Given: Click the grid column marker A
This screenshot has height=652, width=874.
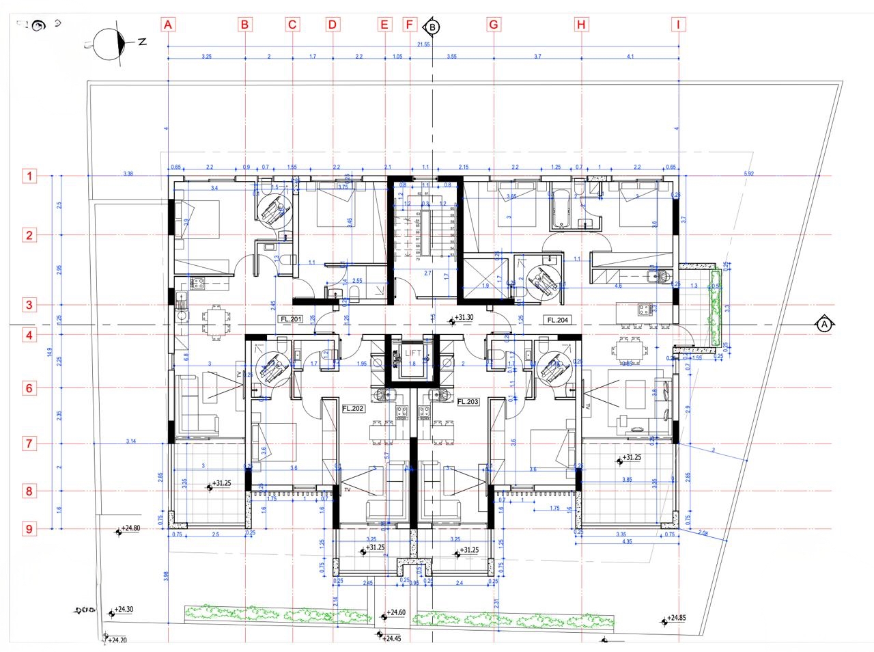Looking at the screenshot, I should pyautogui.click(x=168, y=25).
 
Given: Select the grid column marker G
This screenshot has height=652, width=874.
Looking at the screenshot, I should pyautogui.click(x=493, y=25).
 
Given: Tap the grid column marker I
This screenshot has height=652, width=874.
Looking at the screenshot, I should pyautogui.click(x=678, y=25).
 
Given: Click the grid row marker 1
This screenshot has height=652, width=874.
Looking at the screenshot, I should pyautogui.click(x=29, y=176).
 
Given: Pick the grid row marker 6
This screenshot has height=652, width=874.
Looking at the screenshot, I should pyautogui.click(x=29, y=388).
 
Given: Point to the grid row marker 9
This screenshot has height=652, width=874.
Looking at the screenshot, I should pyautogui.click(x=29, y=528).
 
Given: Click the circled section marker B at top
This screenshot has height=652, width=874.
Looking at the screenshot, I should pyautogui.click(x=432, y=27).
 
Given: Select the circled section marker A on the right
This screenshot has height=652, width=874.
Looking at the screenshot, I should pyautogui.click(x=824, y=325).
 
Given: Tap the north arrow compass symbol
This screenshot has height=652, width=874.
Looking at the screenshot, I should pyautogui.click(x=113, y=44).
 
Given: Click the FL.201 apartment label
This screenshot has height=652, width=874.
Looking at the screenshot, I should pyautogui.click(x=291, y=319).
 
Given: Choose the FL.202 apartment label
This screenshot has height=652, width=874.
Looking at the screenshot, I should pyautogui.click(x=353, y=409).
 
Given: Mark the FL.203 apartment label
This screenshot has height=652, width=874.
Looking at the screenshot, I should pyautogui.click(x=468, y=402).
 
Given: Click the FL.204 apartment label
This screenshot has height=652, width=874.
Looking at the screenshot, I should pyautogui.click(x=557, y=320).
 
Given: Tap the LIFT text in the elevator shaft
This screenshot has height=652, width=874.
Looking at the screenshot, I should pyautogui.click(x=413, y=353).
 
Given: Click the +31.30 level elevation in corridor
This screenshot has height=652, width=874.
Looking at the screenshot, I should pyautogui.click(x=464, y=318).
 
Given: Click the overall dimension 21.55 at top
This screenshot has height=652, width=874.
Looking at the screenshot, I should pyautogui.click(x=423, y=44).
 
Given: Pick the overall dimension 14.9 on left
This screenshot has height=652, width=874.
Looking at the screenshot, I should pyautogui.click(x=50, y=352).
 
